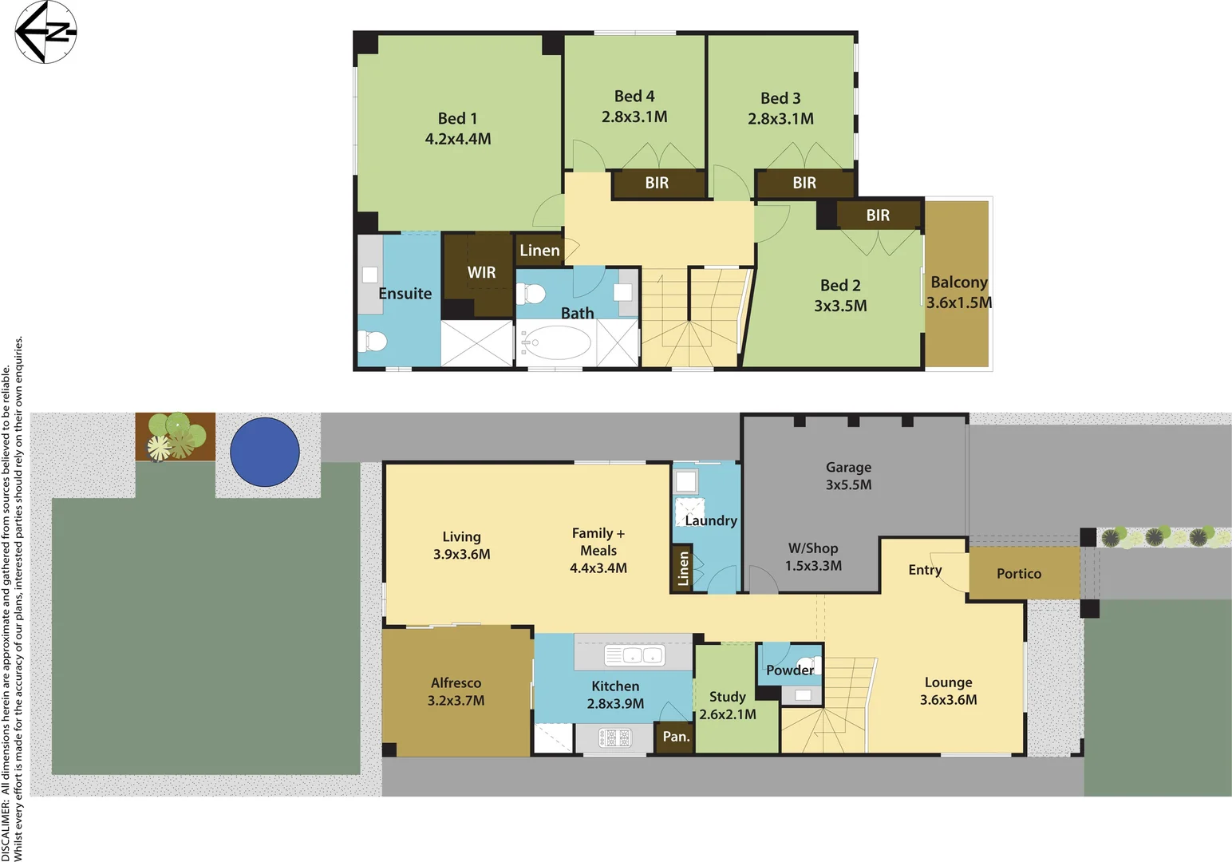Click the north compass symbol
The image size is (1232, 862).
coord(45,32)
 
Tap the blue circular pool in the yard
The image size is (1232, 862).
coord(265,452)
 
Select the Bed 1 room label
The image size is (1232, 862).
coord(457,119)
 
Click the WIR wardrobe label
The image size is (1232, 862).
coord(481,273)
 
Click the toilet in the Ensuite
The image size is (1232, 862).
coord(372,342)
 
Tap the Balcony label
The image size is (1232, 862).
coord(958,283)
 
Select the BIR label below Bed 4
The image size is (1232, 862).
coord(657,184)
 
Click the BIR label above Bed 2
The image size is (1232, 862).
coord(878,215)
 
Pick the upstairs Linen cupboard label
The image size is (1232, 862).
coord(539,251)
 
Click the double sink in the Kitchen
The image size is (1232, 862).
coord(634,655)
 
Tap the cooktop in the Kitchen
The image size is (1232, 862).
coord(614,737)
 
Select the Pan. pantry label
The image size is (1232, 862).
coord(676,737)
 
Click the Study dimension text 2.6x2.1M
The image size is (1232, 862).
coord(727,715)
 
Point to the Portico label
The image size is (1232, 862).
coord(1018,574)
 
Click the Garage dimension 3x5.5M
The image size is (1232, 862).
coord(848,485)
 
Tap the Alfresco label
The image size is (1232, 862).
coord(456,683)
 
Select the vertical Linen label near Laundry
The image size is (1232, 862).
coord(683,568)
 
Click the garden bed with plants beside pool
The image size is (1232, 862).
coord(175,436)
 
